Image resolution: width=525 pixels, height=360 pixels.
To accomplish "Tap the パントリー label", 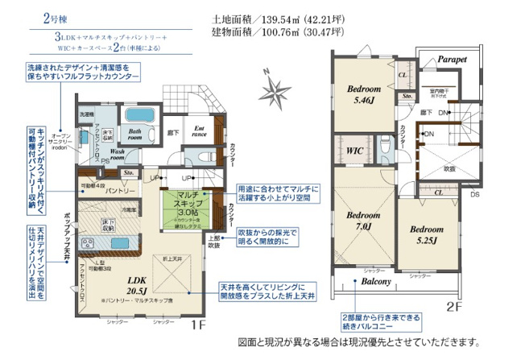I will (119, 190).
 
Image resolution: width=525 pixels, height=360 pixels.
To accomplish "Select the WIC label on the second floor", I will (353, 150).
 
